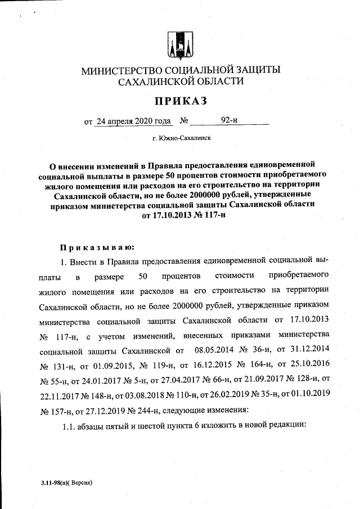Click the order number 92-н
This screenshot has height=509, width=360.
pyautogui.click(x=229, y=120)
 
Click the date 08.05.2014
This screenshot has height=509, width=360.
pyautogui.click(x=211, y=351)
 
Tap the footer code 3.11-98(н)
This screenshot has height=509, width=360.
pyautogui.click(x=53, y=483)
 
